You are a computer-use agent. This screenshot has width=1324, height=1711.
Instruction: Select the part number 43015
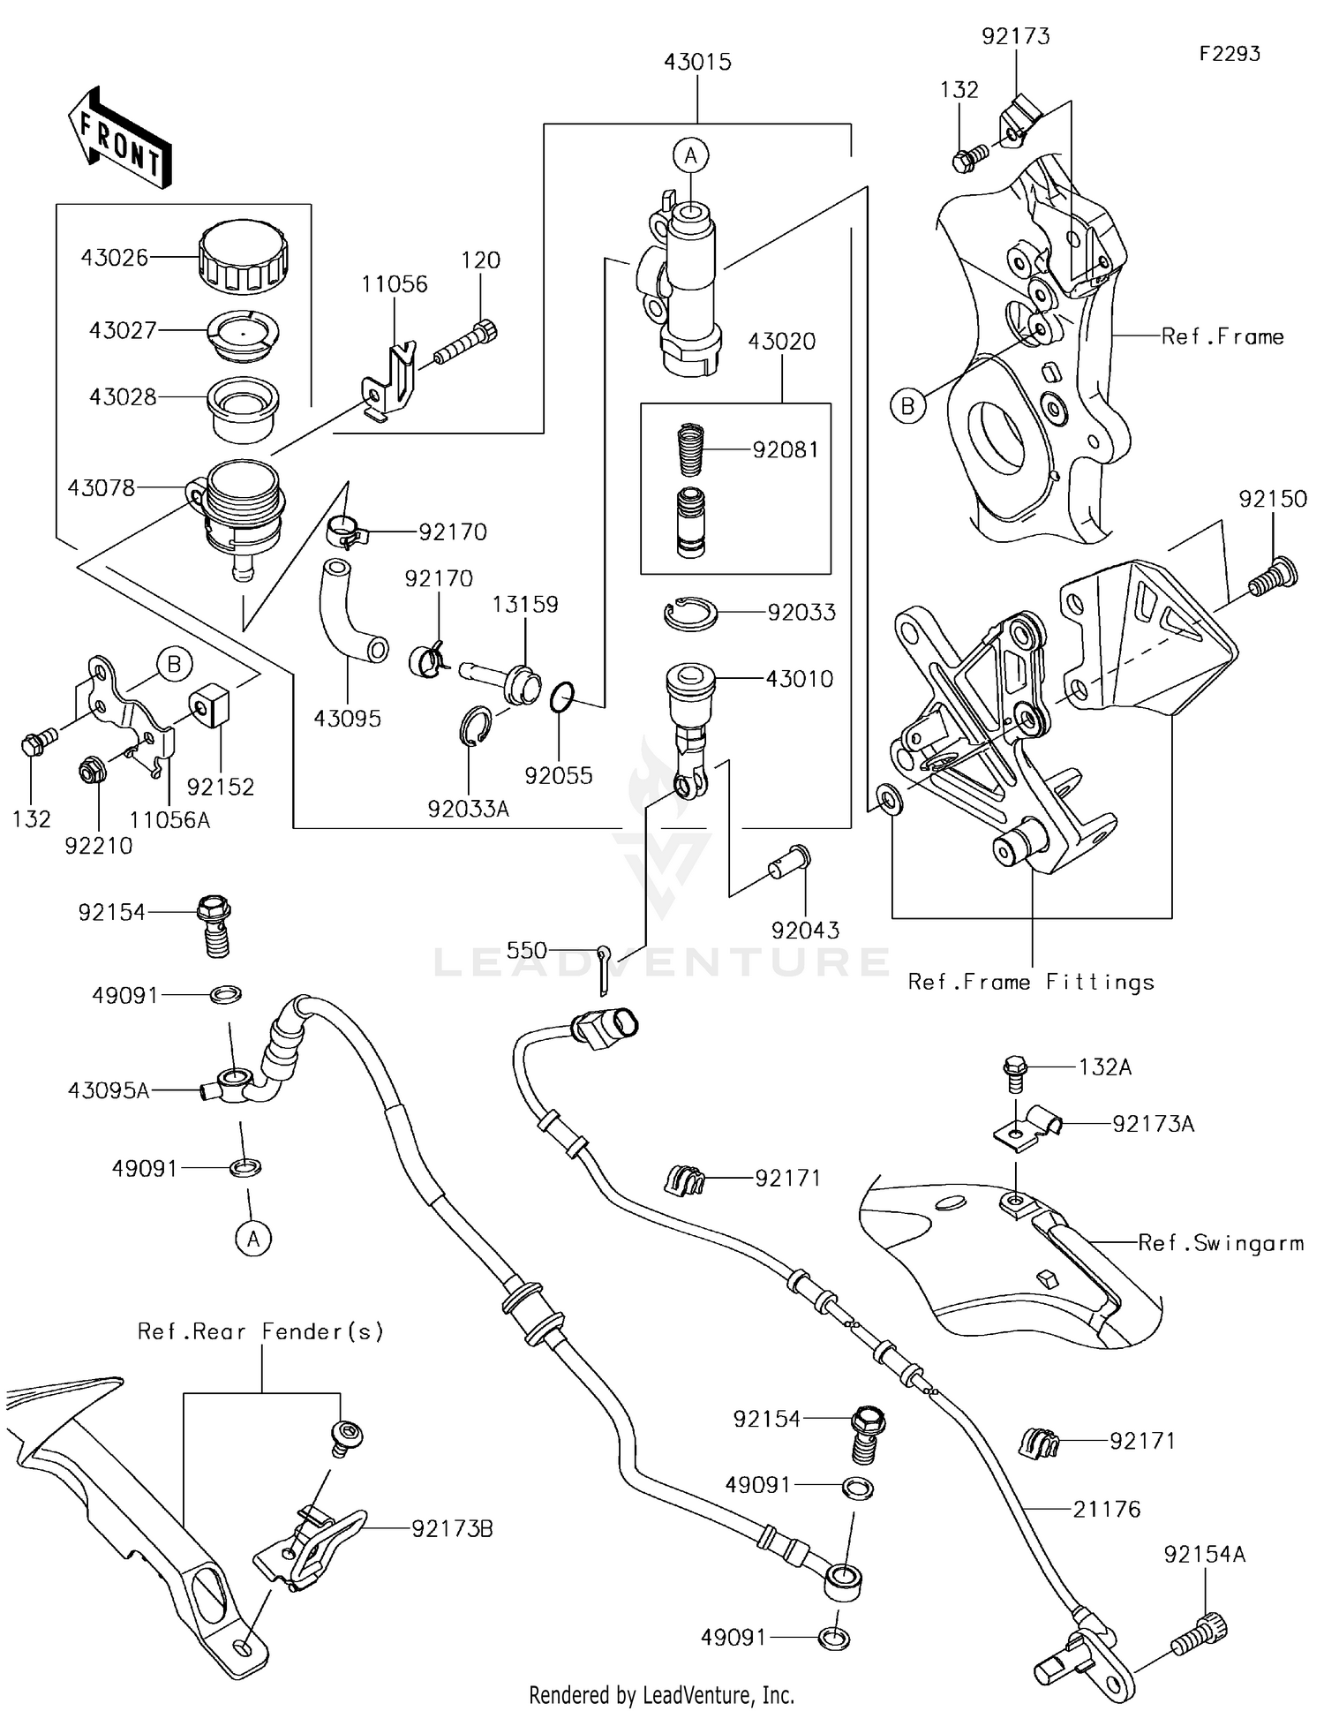coord(697,63)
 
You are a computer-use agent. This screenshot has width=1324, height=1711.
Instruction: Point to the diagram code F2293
coord(1230,54)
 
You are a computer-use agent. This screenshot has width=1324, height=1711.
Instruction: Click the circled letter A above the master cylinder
coord(690,156)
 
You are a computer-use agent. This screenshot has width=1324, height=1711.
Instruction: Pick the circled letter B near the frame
coord(907,406)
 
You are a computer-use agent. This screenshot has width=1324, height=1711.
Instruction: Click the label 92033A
coord(469,809)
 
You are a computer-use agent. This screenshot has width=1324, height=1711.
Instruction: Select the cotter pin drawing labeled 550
coord(604,968)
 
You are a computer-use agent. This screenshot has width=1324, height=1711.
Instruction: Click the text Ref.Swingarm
coord(1221,1243)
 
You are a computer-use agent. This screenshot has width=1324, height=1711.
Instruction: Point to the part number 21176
coord(1107,1509)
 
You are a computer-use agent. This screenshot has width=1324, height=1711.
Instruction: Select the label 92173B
coord(452,1529)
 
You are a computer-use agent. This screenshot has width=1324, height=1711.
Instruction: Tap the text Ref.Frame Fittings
coord(1031,982)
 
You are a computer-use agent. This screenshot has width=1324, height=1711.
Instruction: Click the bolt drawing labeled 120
coord(466,345)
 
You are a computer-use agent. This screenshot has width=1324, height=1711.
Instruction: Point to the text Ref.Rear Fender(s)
coord(261,1330)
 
